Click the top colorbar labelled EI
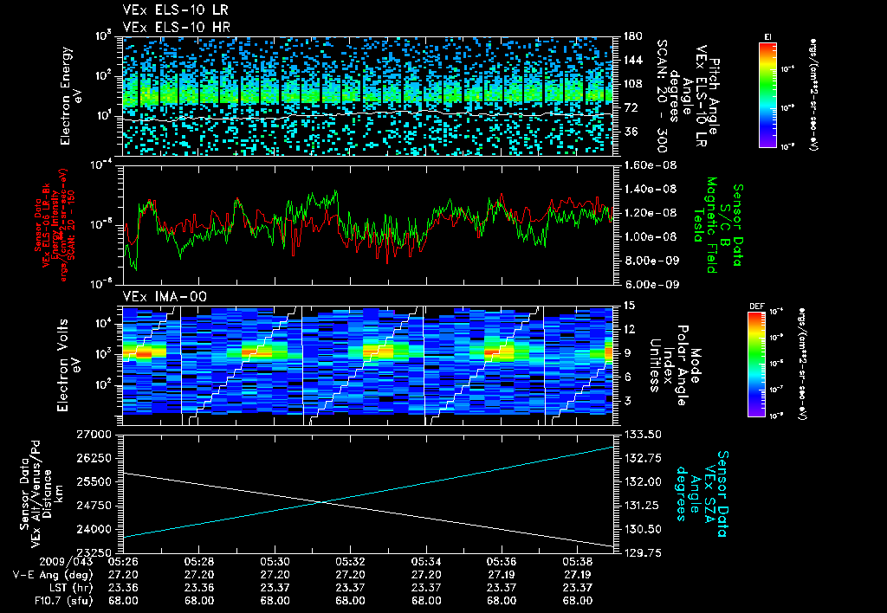tap(767, 91)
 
